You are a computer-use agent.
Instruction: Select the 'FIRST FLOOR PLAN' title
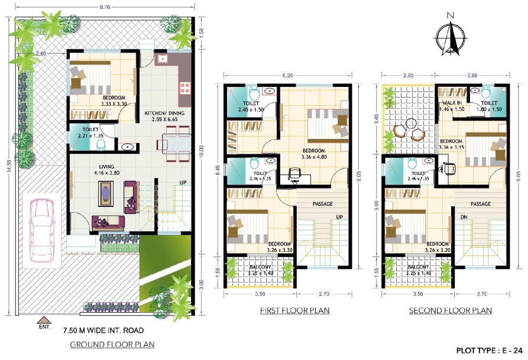click(x=294, y=310)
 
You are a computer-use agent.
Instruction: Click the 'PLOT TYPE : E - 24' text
click(x=489, y=349)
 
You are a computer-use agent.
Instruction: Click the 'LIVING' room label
click(x=106, y=170)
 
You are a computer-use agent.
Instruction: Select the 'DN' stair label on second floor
click(x=464, y=217)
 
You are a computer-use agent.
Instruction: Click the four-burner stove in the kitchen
click(x=184, y=87)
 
